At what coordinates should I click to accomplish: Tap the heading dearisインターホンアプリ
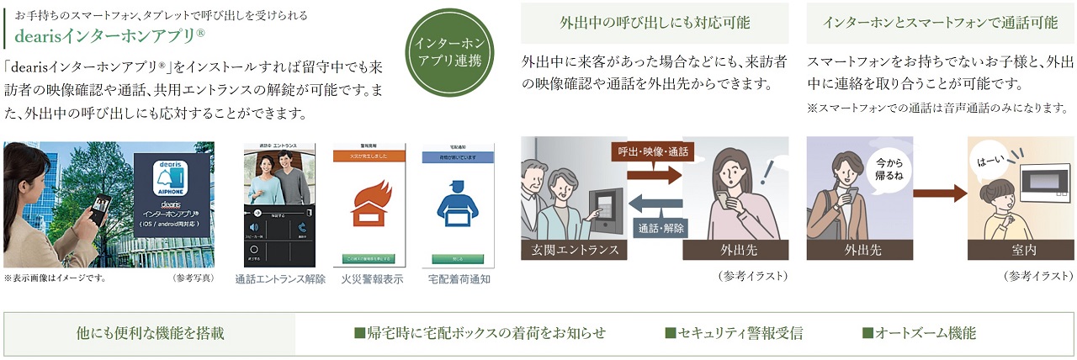tap(109, 36)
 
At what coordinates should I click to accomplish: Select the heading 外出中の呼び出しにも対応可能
tap(655, 24)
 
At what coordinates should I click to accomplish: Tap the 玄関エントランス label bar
tap(575, 250)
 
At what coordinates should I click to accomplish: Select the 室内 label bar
tap(1021, 250)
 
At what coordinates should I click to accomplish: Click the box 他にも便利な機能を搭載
tap(150, 334)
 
